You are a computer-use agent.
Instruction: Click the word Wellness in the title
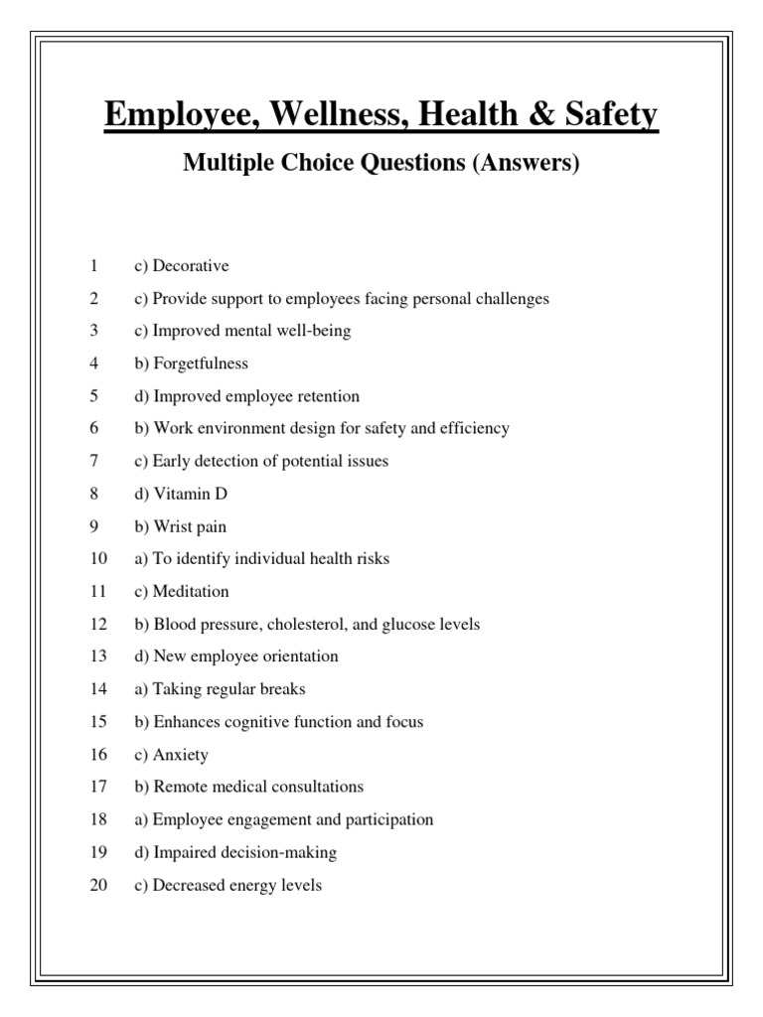pos(315,116)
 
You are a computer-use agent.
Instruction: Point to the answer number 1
pos(93,266)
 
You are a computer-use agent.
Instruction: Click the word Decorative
pos(191,266)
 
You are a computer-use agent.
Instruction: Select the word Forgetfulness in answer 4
pos(201,363)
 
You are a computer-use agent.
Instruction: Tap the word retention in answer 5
pos(329,396)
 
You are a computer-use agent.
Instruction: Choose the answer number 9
pos(93,526)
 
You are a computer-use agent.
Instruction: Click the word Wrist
pos(173,526)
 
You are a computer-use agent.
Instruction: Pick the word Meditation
pos(191,592)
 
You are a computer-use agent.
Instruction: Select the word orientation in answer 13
pos(301,656)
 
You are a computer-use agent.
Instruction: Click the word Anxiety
pos(181,755)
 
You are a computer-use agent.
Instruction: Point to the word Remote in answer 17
pos(179,788)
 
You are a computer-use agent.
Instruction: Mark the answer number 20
pos(98,885)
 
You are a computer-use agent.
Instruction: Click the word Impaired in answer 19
pos(182,852)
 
